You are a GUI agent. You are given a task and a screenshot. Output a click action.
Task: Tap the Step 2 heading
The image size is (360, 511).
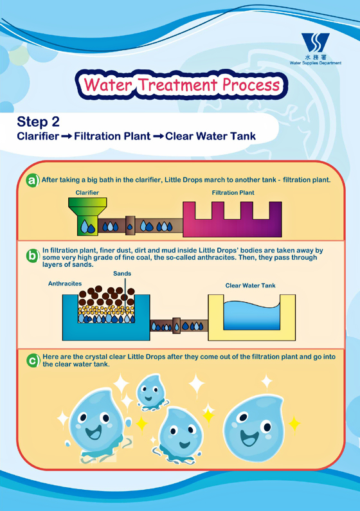(x=38, y=121)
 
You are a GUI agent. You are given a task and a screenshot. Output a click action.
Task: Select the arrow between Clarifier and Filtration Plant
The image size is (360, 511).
(x=66, y=136)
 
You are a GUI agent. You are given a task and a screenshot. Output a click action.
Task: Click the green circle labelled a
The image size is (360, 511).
(x=33, y=180)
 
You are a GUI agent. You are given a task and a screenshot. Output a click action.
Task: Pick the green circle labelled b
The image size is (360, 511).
(x=33, y=256)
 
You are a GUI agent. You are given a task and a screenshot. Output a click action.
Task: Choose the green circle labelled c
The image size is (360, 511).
(x=33, y=361)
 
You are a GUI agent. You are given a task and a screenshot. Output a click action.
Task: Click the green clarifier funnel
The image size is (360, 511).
(x=87, y=216)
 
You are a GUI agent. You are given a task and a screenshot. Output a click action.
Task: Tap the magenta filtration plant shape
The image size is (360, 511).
(x=232, y=219)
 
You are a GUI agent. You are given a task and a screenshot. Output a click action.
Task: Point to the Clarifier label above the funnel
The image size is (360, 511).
(x=87, y=193)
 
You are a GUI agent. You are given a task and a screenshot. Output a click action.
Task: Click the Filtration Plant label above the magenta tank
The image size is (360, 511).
(x=233, y=193)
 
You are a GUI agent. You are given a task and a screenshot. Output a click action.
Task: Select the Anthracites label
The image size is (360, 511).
(x=65, y=283)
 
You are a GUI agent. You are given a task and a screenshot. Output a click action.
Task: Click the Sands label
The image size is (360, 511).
(x=122, y=273)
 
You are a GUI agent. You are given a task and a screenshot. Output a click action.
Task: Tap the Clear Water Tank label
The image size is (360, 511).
(x=250, y=285)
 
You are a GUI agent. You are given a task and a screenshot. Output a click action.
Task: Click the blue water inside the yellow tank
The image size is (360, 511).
(x=251, y=316)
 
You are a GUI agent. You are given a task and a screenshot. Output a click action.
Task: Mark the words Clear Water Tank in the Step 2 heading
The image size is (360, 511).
(x=210, y=136)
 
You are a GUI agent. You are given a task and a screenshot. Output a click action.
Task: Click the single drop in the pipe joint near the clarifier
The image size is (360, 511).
(x=130, y=227)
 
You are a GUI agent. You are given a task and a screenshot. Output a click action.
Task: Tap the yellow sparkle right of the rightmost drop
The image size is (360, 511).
(x=294, y=424)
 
